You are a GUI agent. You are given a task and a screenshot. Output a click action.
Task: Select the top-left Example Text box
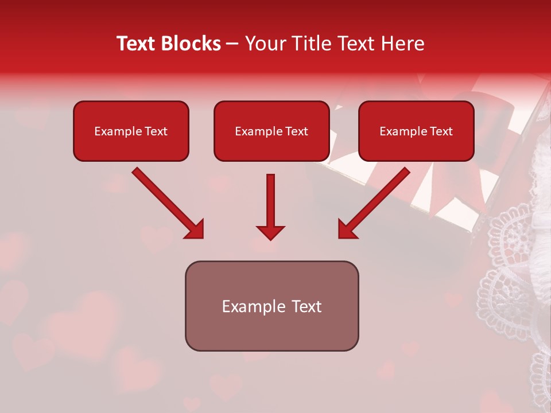pyautogui.click(x=131, y=131)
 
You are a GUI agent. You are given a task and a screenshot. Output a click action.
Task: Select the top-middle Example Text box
pyautogui.click(x=271, y=131)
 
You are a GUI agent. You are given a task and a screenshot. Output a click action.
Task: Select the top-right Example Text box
pyautogui.click(x=416, y=131)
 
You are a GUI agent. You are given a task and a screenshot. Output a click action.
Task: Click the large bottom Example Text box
pyautogui.click(x=271, y=306)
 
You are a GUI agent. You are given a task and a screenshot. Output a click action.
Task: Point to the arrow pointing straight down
pyautogui.click(x=270, y=206)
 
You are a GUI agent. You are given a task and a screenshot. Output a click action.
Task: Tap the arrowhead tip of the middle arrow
pyautogui.click(x=270, y=238)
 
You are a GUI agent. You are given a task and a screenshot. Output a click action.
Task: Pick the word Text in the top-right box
pyautogui.click(x=441, y=131)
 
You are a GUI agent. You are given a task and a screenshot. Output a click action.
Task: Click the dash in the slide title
pyautogui.click(x=232, y=44)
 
